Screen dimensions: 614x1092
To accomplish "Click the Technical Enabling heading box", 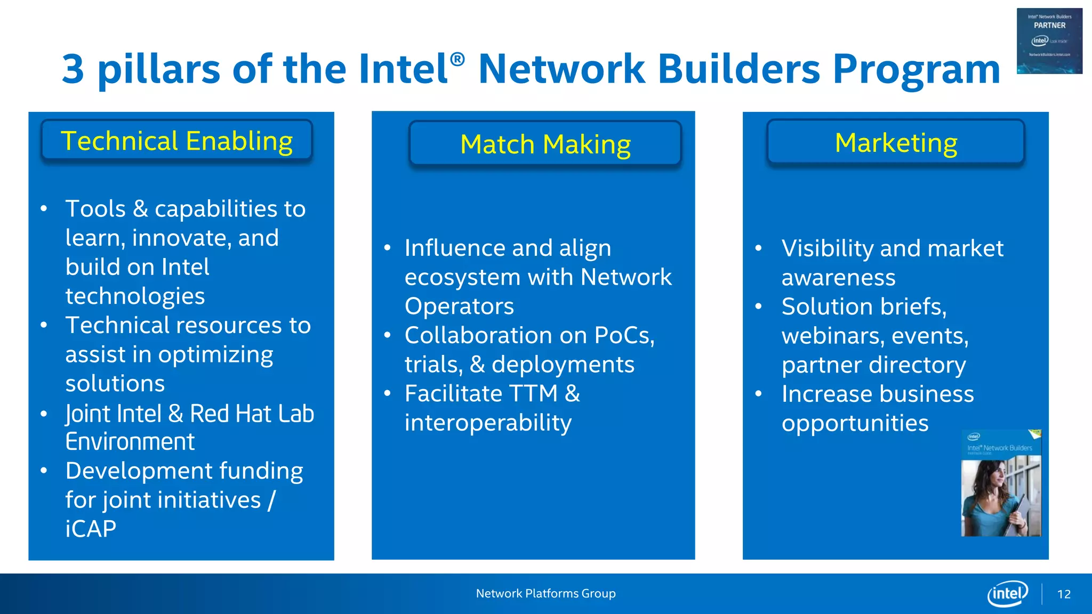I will [x=176, y=141].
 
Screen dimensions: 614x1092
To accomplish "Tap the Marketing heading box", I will [x=895, y=143].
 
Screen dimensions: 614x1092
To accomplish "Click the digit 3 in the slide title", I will [x=73, y=69].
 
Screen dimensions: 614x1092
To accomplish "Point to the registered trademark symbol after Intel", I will [x=457, y=59].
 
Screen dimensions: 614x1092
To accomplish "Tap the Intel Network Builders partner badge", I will [x=1049, y=41].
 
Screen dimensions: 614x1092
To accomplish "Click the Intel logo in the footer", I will [x=1007, y=593].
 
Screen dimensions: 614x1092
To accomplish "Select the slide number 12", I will [x=1064, y=594].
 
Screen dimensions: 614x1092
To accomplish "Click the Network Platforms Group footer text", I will [x=545, y=593].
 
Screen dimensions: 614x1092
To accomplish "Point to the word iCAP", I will [x=91, y=529].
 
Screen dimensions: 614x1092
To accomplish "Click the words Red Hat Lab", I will [x=252, y=414].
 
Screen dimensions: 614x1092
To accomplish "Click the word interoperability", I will [x=488, y=423].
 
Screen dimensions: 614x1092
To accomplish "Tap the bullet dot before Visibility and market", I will [x=758, y=248].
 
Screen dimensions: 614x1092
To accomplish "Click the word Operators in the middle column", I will [x=459, y=306].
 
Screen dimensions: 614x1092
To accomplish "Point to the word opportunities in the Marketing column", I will [x=855, y=423].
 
